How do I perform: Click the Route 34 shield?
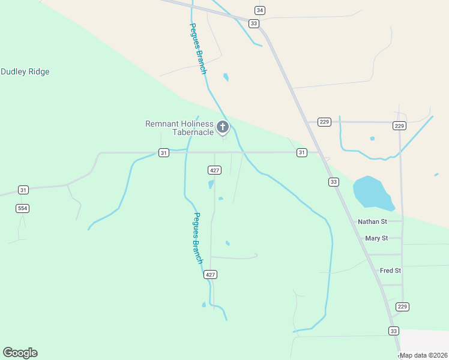pos(259,10)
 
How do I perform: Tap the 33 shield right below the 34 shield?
pos(254,23)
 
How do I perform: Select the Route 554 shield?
pos(23,208)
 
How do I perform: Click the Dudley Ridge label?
pos(25,72)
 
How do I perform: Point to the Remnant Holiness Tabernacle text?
pos(179,128)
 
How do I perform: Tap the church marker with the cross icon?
pos(223,127)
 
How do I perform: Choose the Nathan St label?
pos(372,221)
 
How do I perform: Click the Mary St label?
pos(376,238)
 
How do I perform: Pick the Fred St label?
pos(390,271)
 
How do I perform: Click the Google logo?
pos(20,353)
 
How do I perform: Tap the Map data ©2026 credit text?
pos(423,355)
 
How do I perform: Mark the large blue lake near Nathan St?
pos(372,192)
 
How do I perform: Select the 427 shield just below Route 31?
pos(214,170)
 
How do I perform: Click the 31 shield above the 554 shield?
pos(23,190)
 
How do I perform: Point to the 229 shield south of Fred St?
pos(402,307)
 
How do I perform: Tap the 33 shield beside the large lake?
pos(334,182)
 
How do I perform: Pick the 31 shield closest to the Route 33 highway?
pos(302,153)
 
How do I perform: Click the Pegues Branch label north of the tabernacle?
pos(198,49)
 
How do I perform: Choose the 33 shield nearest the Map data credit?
pos(394,331)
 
